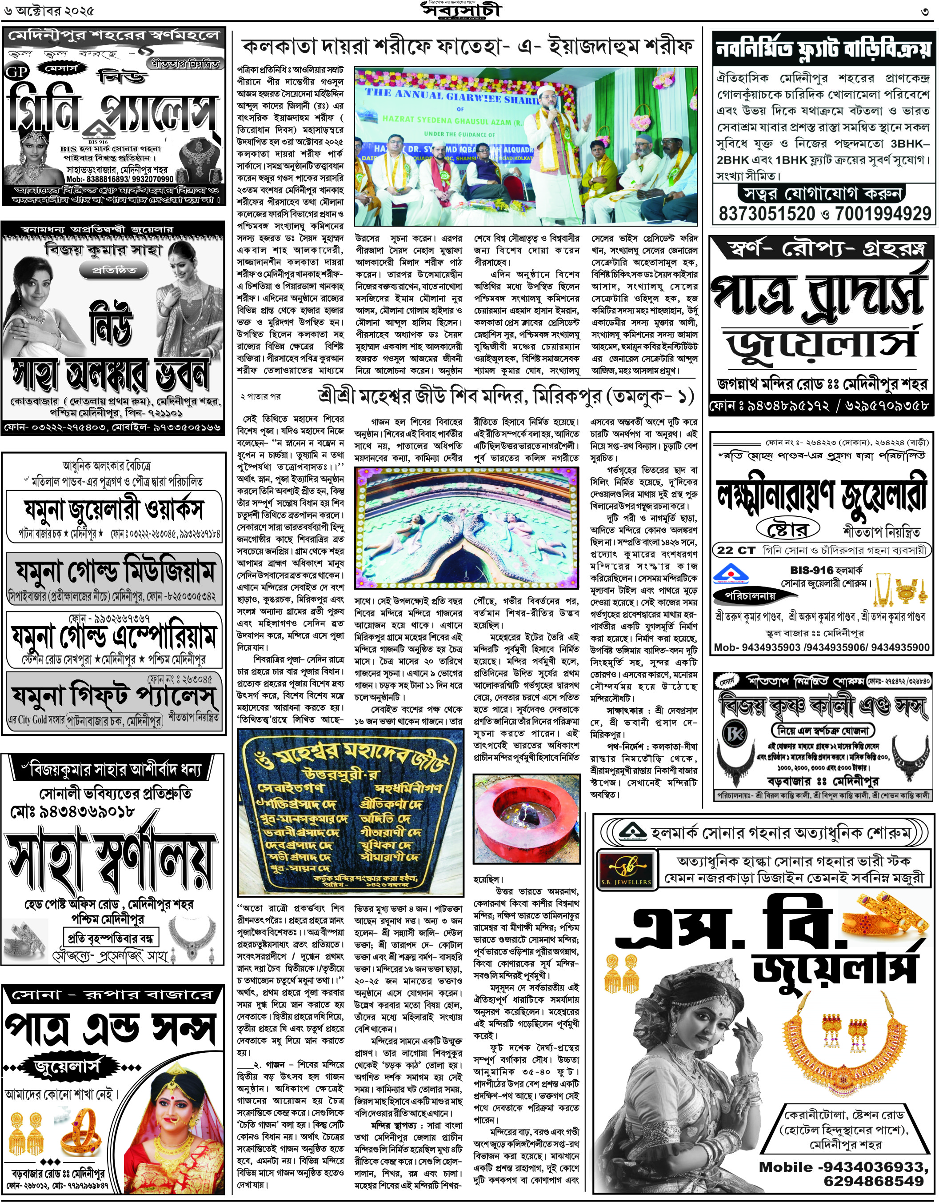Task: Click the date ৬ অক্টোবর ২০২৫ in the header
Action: (48, 11)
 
